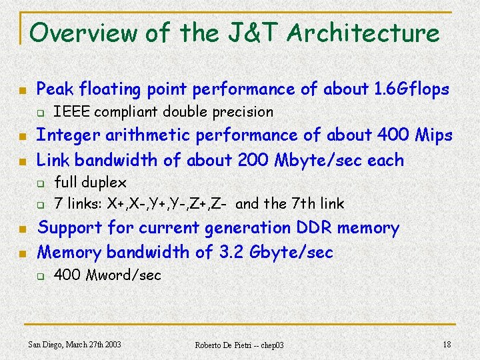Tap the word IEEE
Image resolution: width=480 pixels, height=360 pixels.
[67, 111]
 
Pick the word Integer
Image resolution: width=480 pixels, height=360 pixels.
[64, 135]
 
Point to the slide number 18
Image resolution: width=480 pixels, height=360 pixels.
[447, 344]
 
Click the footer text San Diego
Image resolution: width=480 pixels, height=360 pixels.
[47, 344]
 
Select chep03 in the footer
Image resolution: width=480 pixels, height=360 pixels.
[271, 345]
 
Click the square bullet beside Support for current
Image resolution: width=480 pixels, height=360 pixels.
[23, 229]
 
